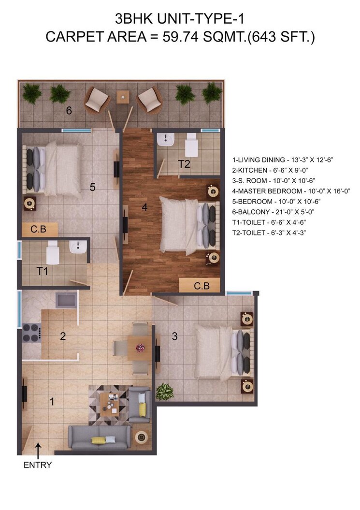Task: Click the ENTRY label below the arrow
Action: click(37, 466)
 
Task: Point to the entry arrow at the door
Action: click(38, 451)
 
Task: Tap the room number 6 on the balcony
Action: click(69, 111)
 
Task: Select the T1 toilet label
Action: click(43, 271)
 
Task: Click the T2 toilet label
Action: click(184, 164)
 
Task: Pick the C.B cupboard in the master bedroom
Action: click(202, 285)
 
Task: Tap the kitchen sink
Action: click(66, 300)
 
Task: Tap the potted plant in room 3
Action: click(165, 391)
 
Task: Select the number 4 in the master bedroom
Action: click(144, 208)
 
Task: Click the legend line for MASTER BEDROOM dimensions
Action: click(291, 191)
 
